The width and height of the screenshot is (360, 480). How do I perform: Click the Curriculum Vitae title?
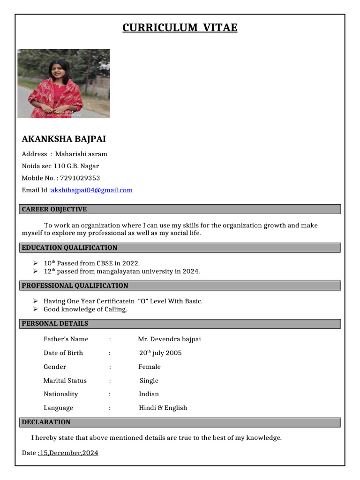(180, 28)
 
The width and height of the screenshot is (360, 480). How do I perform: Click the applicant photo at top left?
(64, 83)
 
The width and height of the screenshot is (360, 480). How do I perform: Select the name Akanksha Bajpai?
(64, 139)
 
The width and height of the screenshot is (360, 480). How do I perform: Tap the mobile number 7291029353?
(80, 178)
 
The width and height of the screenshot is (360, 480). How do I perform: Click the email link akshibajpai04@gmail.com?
(92, 190)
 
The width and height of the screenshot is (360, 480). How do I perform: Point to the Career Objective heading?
(54, 209)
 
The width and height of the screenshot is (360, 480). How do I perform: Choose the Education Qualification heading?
(70, 247)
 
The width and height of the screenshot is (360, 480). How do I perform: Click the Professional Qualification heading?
(75, 285)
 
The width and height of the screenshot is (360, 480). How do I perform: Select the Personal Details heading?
(55, 323)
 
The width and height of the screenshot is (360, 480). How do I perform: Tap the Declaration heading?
(46, 422)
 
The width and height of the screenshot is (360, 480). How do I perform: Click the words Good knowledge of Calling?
(85, 309)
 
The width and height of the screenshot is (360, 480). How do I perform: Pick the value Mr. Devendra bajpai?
(169, 339)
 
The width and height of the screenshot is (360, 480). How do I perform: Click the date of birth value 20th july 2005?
(160, 353)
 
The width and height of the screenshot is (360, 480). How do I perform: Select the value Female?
(150, 367)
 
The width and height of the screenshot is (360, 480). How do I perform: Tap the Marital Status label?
(65, 381)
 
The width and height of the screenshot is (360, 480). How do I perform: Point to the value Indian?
(149, 394)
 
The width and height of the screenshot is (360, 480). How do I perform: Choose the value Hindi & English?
(163, 408)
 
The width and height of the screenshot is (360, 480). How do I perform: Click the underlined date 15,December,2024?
(68, 453)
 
